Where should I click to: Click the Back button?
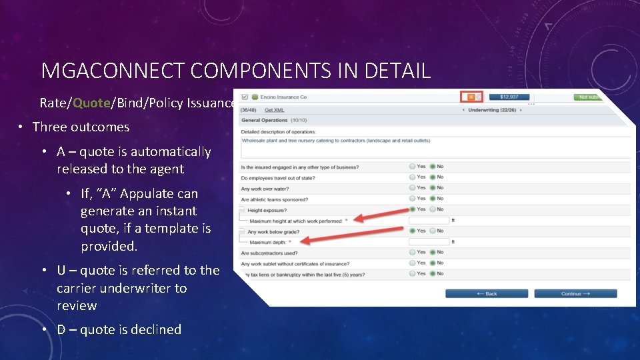(x=487, y=293)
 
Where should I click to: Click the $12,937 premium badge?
(x=509, y=97)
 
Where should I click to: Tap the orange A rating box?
(x=471, y=97)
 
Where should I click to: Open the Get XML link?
(x=274, y=110)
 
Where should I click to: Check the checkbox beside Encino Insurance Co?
(x=245, y=97)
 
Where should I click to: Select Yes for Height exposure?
(x=413, y=209)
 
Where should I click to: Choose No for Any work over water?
(x=431, y=188)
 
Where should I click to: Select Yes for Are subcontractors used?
(x=413, y=252)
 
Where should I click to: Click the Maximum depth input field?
(x=429, y=241)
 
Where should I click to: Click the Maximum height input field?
(x=429, y=220)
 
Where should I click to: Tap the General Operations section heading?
(x=265, y=121)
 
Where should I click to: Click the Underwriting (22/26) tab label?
(x=492, y=110)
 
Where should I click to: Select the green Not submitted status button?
(x=590, y=97)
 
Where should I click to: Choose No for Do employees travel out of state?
(x=431, y=177)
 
